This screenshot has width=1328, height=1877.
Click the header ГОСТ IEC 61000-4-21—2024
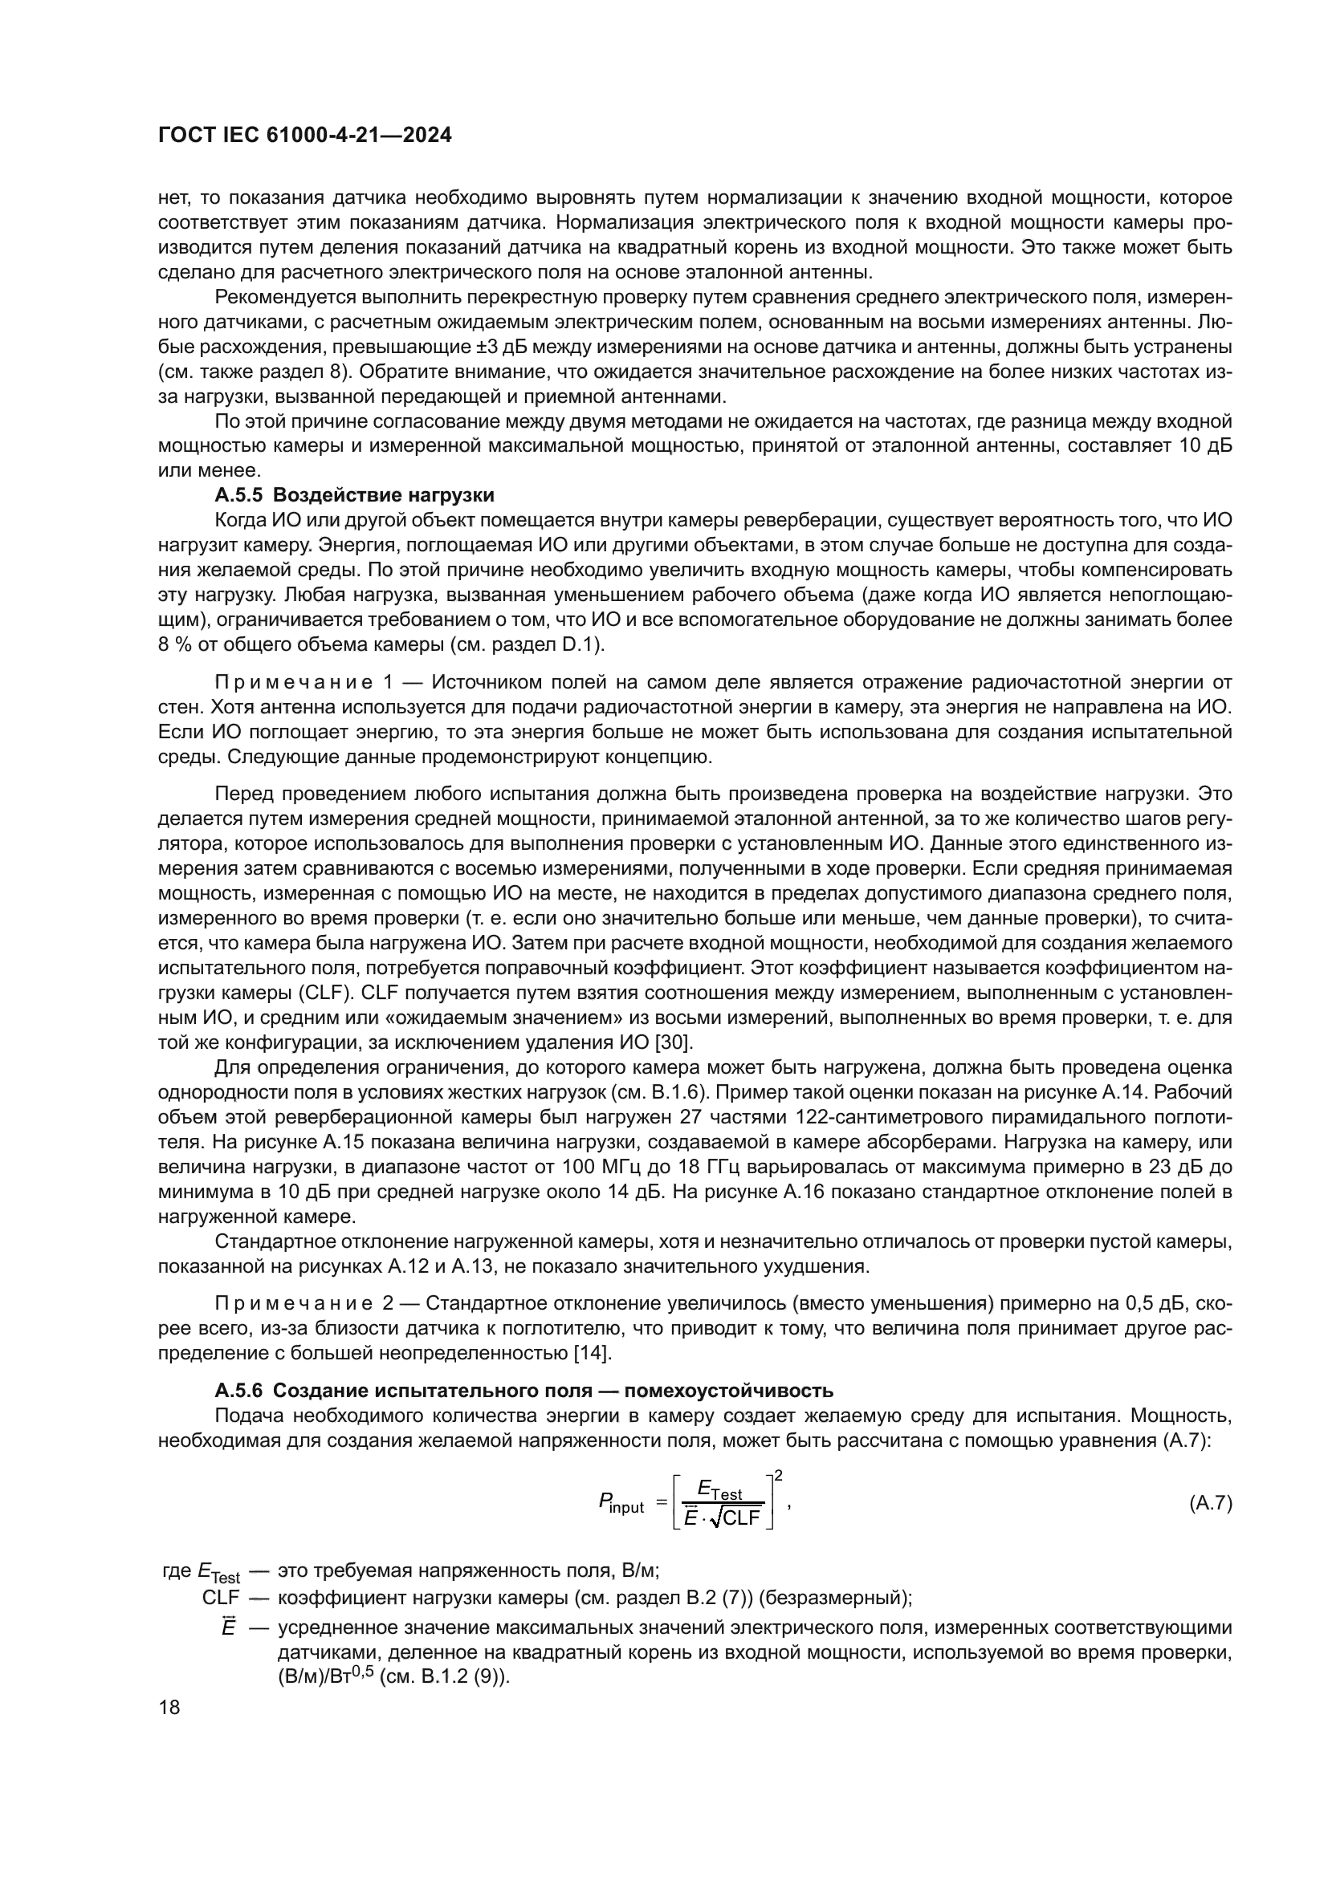point(304,136)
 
